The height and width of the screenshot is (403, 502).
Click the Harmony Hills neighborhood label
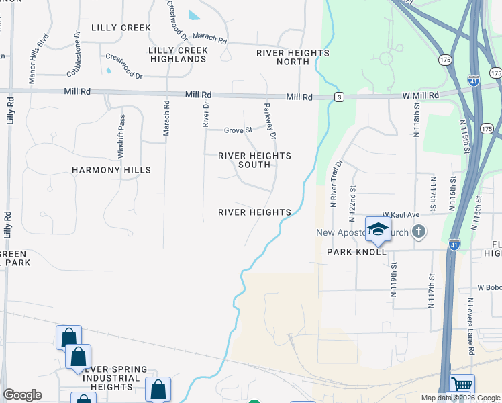pyautogui.click(x=111, y=170)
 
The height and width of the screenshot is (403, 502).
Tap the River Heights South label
pyautogui.click(x=255, y=160)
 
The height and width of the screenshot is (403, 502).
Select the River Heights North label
pyautogui.click(x=293, y=57)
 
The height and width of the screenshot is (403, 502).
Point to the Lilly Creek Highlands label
pyautogui.click(x=177, y=54)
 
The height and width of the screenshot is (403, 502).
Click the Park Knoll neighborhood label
pyautogui.click(x=356, y=251)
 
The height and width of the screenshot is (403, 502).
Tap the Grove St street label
pyautogui.click(x=238, y=130)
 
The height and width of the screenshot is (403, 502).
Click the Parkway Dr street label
pyautogui.click(x=269, y=123)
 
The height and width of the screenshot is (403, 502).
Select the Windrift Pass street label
pyautogui.click(x=121, y=136)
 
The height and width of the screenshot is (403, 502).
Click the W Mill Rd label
pyautogui.click(x=420, y=96)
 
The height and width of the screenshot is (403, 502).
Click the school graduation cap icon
pyautogui.click(x=378, y=230)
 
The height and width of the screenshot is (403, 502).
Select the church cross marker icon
pyautogui.click(x=419, y=232)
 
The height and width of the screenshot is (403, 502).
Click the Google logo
pyautogui.click(x=22, y=395)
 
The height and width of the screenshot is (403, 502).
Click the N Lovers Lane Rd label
pyautogui.click(x=471, y=333)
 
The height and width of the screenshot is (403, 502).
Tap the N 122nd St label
pyautogui.click(x=352, y=205)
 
